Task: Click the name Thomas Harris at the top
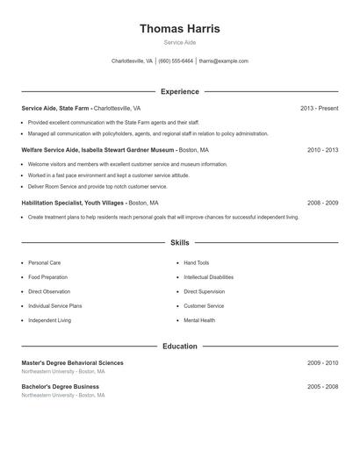coord(179,29)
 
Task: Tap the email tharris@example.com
coord(223,61)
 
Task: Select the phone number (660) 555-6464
coord(176,61)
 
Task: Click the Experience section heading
coord(179,91)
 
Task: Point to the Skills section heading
coord(179,242)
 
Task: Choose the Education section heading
coord(179,347)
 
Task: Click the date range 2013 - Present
coord(319,108)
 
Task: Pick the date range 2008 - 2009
coord(322,203)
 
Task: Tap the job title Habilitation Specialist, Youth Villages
coord(78,203)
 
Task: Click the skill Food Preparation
coord(47,276)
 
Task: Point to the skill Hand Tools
coord(197,262)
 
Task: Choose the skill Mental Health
coord(199,320)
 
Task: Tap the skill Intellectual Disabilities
coord(208,276)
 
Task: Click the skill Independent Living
coord(49,320)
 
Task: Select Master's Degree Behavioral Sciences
coord(72,362)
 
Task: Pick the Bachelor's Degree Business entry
coord(60,386)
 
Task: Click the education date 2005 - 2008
coord(322,386)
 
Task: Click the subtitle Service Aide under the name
coord(179,43)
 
